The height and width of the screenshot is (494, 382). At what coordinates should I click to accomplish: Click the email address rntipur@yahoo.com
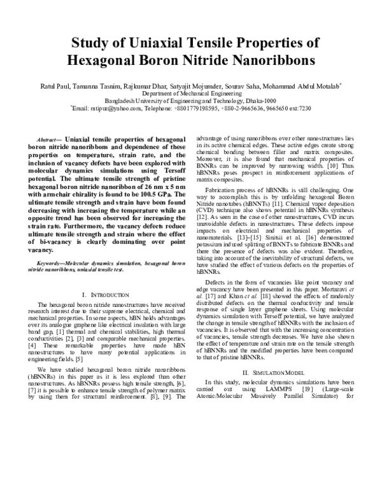[x=119, y=108]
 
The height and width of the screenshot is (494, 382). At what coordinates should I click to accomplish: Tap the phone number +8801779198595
[x=195, y=108]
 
